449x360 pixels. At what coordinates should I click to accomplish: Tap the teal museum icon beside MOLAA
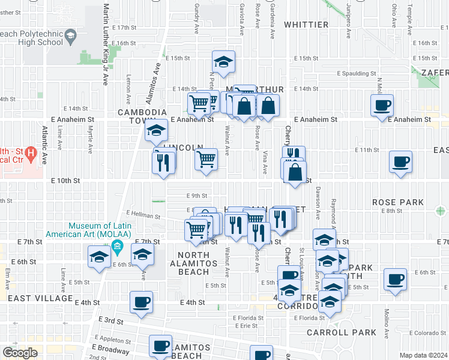tap(116, 246)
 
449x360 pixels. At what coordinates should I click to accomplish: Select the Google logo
tap(20, 352)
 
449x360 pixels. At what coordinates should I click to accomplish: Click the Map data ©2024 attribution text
tap(423, 355)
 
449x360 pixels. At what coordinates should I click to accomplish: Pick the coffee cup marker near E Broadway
tap(161, 346)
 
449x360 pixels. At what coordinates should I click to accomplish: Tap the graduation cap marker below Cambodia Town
tap(156, 130)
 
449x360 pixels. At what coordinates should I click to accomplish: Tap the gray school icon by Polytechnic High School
tap(71, 38)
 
